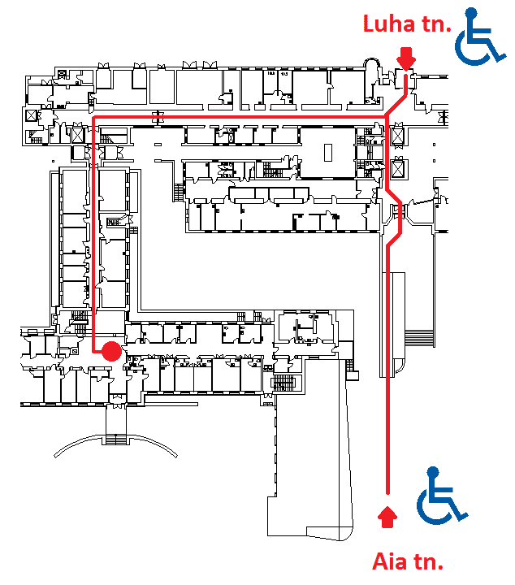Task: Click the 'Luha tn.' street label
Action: [406, 24]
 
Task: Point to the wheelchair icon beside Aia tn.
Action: [441, 495]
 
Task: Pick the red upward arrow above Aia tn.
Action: [387, 514]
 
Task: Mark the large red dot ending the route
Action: [110, 351]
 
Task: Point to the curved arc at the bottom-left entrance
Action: [114, 443]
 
